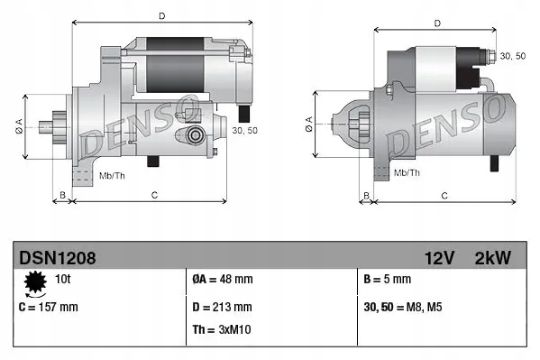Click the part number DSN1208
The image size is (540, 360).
point(57,258)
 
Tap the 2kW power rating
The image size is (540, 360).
point(492,258)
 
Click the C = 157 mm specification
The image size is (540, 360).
point(49,307)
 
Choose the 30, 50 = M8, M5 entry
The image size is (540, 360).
point(403,307)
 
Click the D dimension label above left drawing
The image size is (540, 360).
point(161,15)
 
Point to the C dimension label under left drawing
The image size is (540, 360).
point(154,194)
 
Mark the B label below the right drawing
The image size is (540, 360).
point(365,194)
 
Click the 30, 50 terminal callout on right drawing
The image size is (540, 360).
point(512,56)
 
